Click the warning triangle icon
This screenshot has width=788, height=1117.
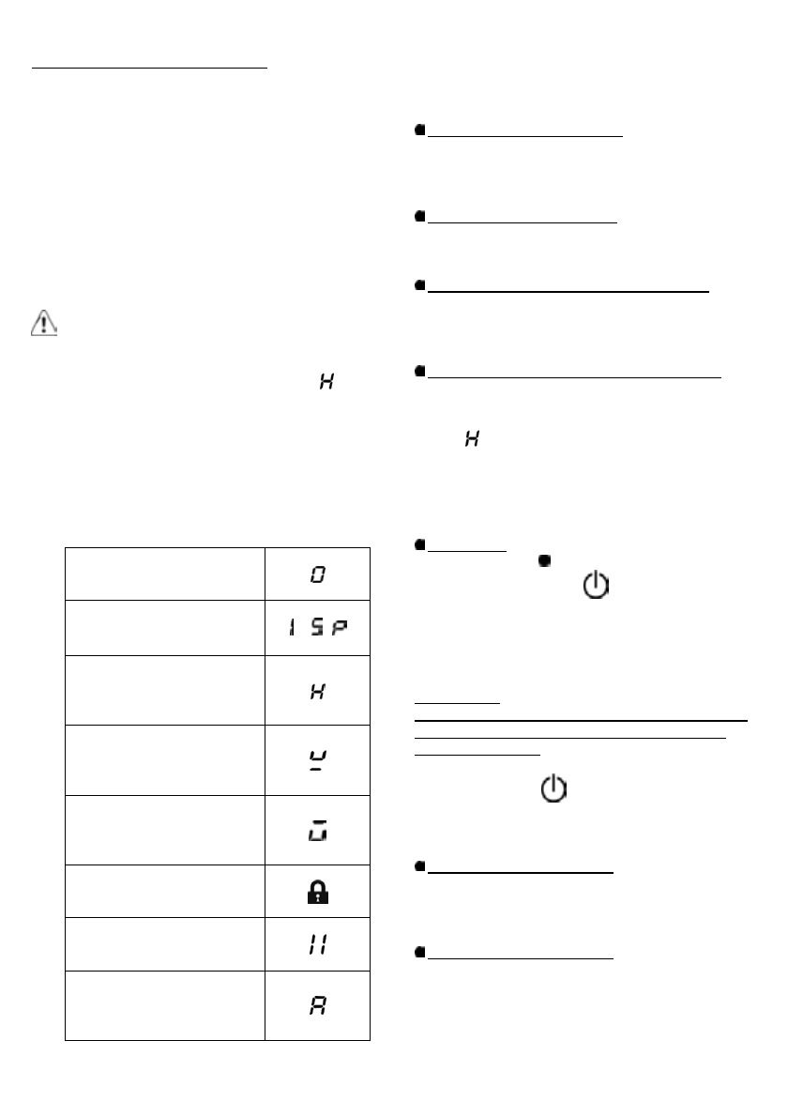tap(44, 325)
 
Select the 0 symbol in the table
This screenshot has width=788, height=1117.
tap(318, 574)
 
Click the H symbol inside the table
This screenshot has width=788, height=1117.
tap(318, 690)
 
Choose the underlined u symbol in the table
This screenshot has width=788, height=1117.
tap(318, 758)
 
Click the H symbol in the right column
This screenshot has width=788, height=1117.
tap(473, 438)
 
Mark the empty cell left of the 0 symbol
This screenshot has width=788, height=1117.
tap(164, 574)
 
